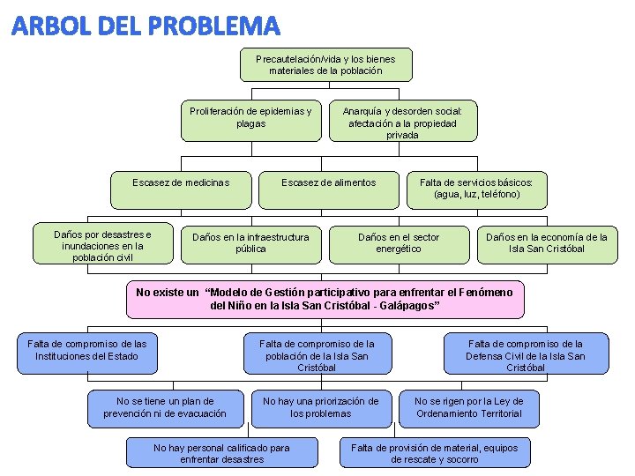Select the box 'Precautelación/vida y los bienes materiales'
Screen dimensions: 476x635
[325, 64]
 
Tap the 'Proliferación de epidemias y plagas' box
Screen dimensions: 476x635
[250, 120]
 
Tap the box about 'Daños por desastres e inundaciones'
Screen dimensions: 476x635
[102, 246]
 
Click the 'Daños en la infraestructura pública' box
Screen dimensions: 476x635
[250, 243]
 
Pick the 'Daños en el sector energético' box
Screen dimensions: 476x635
[398, 243]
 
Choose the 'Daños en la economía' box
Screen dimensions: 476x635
[546, 243]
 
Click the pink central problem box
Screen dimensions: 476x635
[325, 299]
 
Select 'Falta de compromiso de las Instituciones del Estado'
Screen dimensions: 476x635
[86, 352]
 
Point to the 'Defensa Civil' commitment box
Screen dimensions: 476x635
[526, 353]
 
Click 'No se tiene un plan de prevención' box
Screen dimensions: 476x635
[165, 407]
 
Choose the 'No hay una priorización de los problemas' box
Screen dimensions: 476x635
[321, 407]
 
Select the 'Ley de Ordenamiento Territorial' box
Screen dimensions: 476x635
[468, 407]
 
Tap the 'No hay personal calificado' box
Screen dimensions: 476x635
[221, 452]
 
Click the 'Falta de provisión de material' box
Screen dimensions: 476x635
[435, 452]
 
